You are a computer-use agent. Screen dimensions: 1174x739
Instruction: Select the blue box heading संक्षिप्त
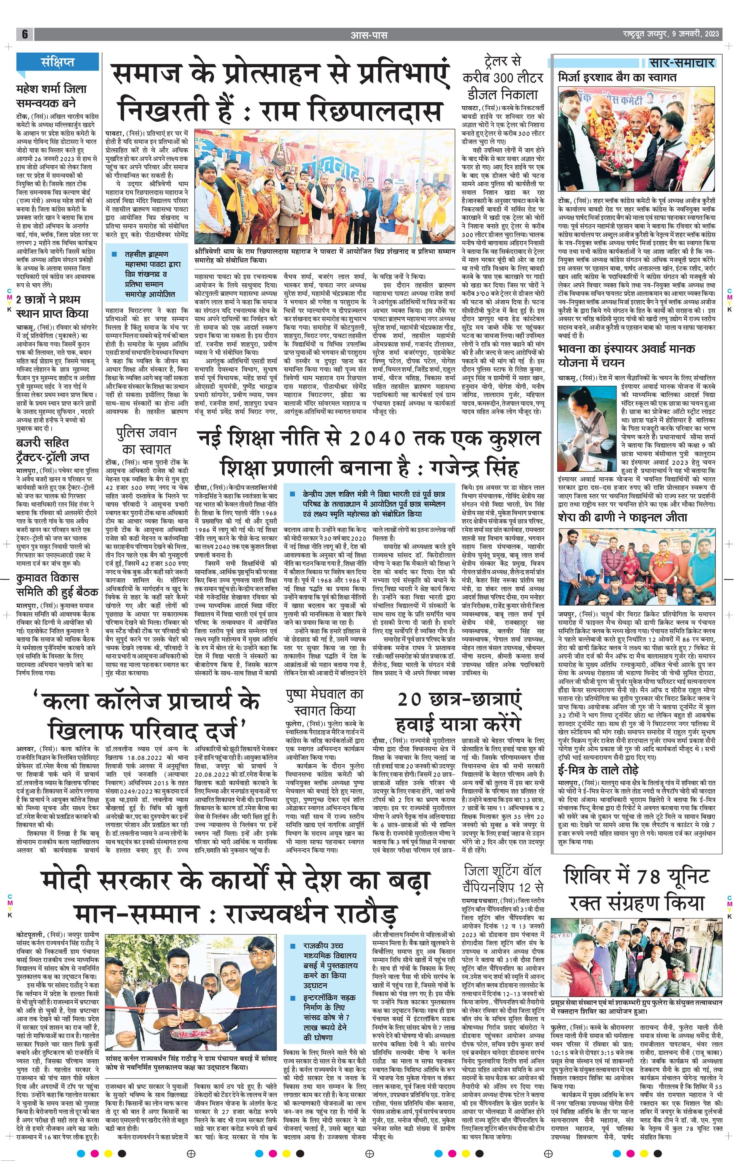click(x=57, y=62)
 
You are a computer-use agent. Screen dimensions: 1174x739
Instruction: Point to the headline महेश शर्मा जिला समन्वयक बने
click(x=51, y=96)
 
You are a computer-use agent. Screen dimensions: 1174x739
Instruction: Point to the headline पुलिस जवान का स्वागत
click(x=146, y=440)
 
